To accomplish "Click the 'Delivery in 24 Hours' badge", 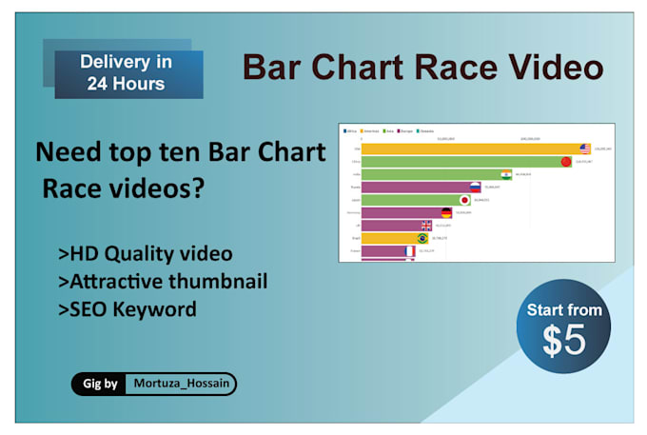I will (127, 71).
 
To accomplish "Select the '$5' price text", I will (563, 342).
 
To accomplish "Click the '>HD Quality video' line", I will (145, 254).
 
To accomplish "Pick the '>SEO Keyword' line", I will (127, 309).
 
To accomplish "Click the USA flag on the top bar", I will (585, 148).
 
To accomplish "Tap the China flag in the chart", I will (565, 162).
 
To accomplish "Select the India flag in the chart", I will (504, 174).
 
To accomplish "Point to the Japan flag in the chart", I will (464, 200).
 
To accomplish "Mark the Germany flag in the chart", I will (445, 213).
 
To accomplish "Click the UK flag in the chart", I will (426, 226).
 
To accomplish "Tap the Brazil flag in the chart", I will (421, 238).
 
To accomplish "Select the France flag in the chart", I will (408, 250).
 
